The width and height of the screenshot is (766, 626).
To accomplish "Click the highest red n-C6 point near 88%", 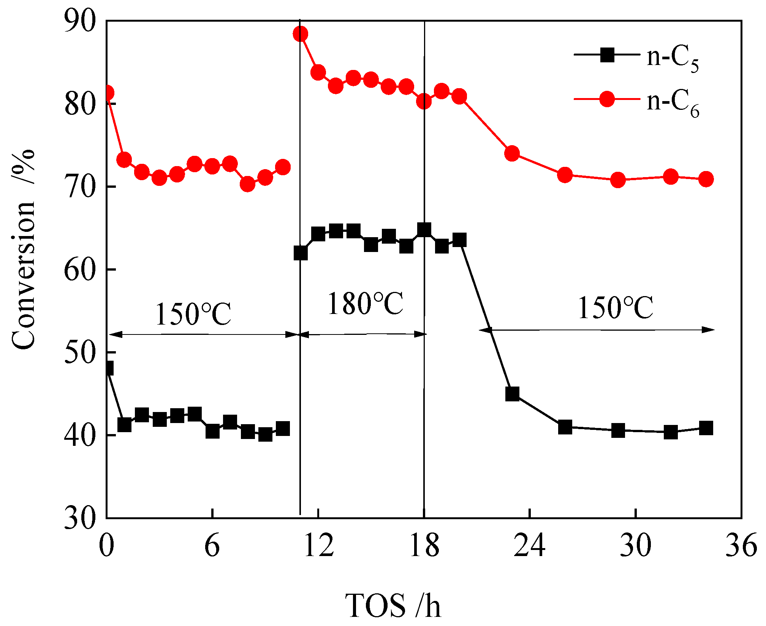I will pos(300,34).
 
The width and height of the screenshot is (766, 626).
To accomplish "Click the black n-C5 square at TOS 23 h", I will pos(512,394).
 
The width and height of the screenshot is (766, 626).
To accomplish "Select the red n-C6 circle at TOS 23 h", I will pos(512,153).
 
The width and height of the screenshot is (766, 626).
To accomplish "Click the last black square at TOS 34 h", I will pos(706,428).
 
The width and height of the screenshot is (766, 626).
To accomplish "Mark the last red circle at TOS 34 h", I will pos(706,179).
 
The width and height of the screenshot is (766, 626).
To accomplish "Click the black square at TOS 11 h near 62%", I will pos(300,253).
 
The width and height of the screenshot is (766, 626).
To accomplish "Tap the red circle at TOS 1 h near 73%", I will pos(124,160).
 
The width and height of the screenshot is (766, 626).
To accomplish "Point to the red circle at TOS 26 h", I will pos(565,175).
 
